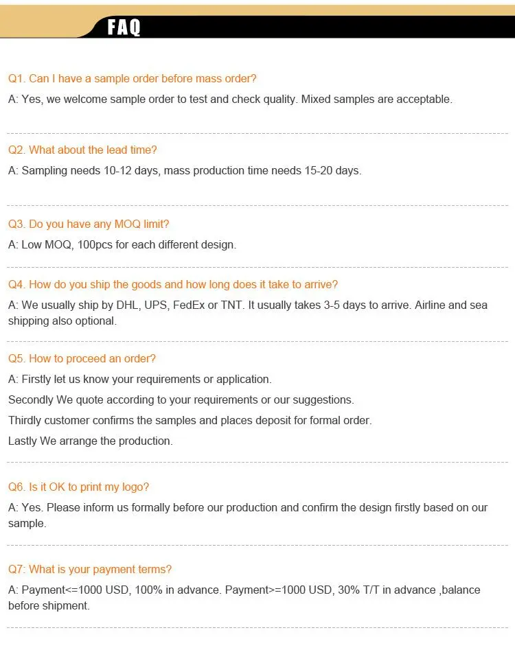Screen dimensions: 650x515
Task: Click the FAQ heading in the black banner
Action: click(x=124, y=27)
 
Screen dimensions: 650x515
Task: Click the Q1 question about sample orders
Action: click(x=132, y=78)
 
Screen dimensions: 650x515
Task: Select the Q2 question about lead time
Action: click(x=82, y=150)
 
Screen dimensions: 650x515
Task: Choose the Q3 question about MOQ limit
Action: click(x=88, y=224)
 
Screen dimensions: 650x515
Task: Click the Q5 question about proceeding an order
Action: click(x=82, y=358)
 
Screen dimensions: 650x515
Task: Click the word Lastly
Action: click(x=23, y=441)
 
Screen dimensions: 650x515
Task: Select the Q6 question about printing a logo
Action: click(x=78, y=487)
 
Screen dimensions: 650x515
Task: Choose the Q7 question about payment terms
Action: click(x=89, y=569)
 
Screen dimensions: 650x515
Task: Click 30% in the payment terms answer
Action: click(x=340, y=590)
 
